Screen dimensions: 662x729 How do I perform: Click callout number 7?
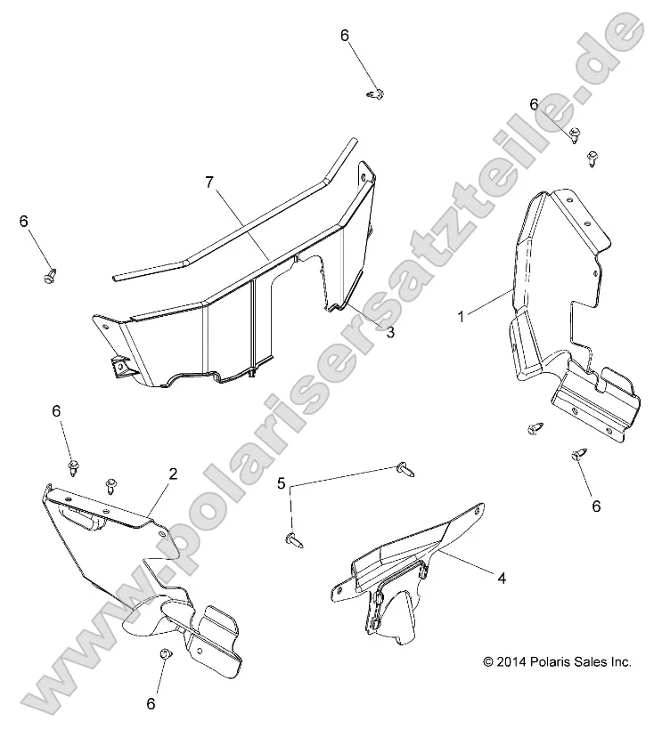pos(209,182)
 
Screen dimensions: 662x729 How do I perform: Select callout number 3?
pos(390,332)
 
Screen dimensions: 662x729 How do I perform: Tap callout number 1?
pos(461,317)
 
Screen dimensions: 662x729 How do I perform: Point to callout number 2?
pos(173,474)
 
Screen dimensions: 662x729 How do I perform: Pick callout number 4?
pos(502,578)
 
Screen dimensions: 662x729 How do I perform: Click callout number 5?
pos(281,483)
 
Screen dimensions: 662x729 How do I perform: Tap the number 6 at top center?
pos(345,36)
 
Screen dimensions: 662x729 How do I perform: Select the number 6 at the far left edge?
pos(24,222)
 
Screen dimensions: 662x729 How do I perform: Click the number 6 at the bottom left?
pos(151,703)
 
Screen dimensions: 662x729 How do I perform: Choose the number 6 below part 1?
pos(596,506)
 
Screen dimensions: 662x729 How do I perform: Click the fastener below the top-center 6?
pos(375,94)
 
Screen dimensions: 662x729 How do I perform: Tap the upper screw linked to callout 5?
pos(405,469)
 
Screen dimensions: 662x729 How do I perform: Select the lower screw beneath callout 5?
pos(294,540)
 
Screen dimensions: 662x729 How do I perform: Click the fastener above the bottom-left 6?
pos(166,653)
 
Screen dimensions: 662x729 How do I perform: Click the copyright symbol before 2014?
pos(488,661)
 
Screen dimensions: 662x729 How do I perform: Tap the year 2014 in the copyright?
pos(511,661)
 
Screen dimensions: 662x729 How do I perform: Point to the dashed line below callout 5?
pos(290,509)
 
